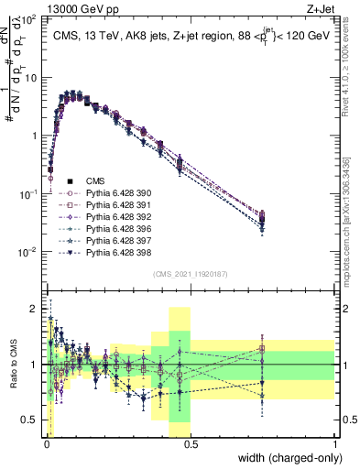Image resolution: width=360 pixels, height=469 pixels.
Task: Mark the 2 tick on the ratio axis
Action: click(x=34, y=308)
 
